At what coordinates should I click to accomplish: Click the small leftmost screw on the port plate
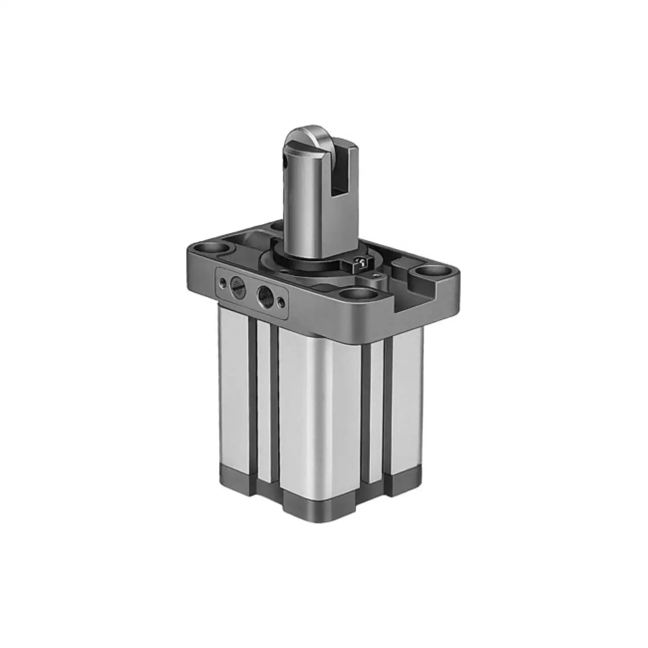(222, 283)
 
